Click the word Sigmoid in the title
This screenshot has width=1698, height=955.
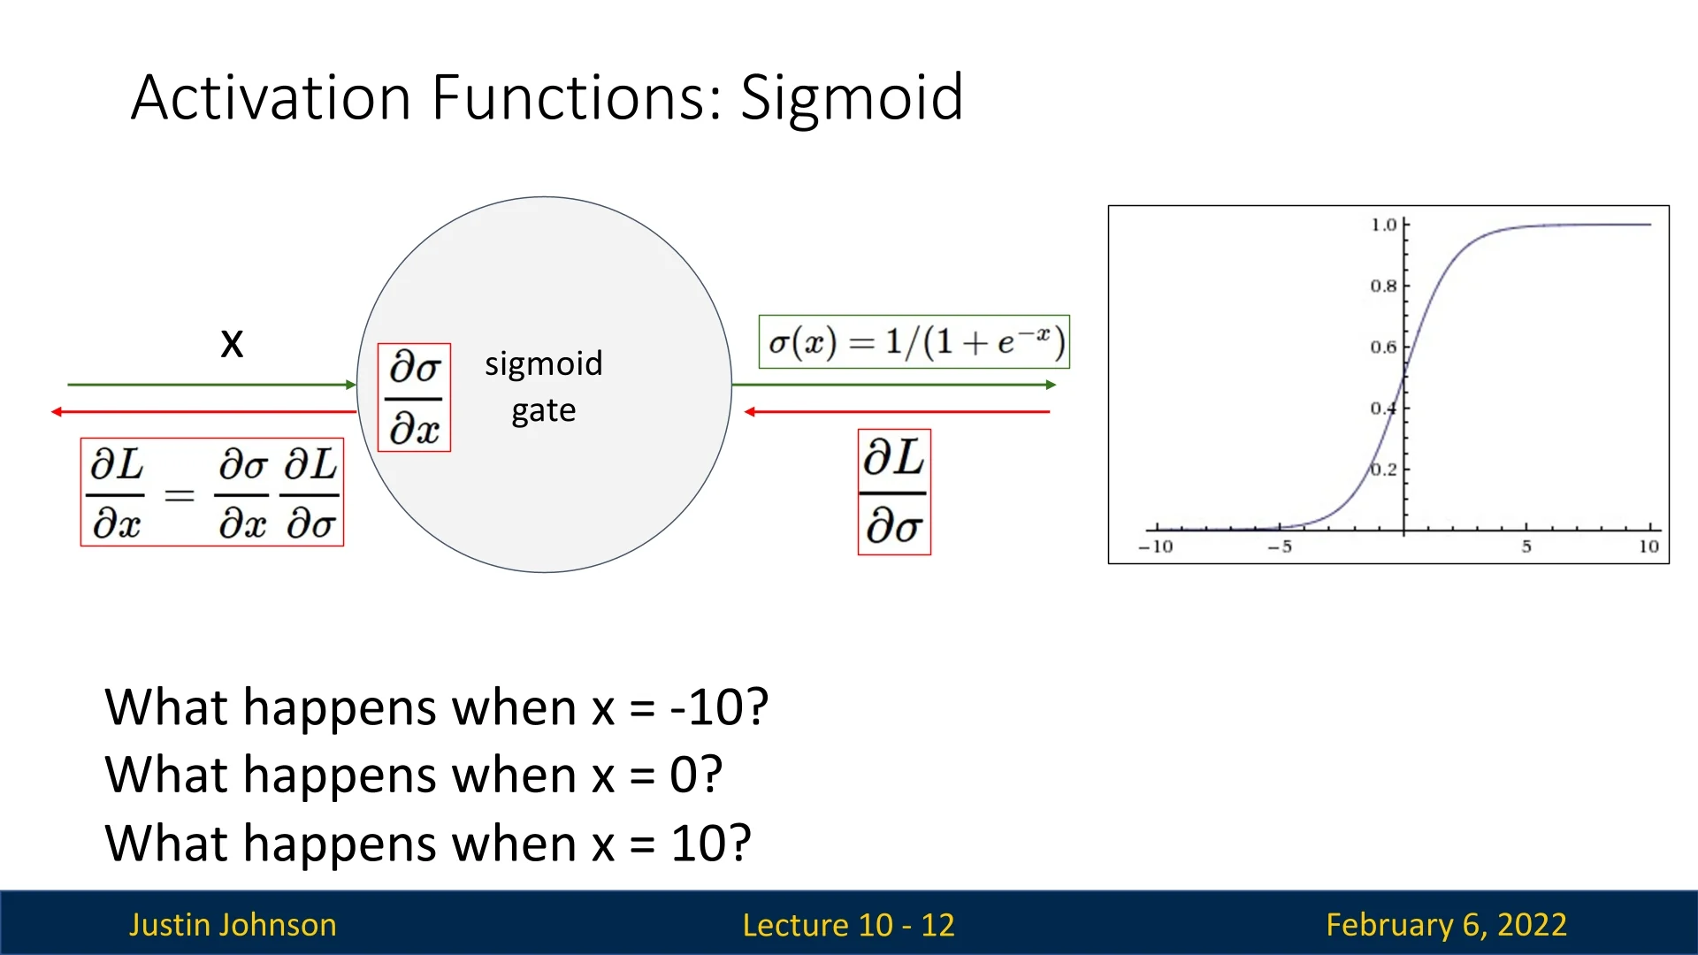click(x=851, y=99)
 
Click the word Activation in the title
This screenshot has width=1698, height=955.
click(x=271, y=97)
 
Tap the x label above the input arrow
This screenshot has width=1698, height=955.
click(x=232, y=342)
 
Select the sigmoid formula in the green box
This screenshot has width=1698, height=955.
click(x=914, y=341)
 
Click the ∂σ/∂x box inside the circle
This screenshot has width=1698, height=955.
click(x=414, y=398)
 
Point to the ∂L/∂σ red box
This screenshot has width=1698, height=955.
click(x=894, y=492)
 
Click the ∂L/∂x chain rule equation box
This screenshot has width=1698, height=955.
click(x=212, y=492)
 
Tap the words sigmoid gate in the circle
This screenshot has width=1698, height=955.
click(x=544, y=386)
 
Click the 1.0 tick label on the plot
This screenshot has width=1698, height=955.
click(x=1384, y=225)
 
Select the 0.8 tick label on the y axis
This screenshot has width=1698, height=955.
click(x=1384, y=286)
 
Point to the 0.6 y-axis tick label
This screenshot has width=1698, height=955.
click(x=1384, y=347)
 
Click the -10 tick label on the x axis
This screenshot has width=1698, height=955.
click(x=1155, y=546)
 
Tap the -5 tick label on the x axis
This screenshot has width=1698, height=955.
click(x=1280, y=546)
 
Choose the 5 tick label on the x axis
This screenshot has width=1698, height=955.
click(x=1526, y=546)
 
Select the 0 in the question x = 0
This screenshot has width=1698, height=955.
click(x=685, y=775)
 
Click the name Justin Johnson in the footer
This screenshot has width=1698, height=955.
click(x=233, y=925)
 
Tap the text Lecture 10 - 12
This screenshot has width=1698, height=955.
click(x=849, y=925)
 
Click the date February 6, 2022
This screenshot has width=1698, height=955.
click(x=1447, y=925)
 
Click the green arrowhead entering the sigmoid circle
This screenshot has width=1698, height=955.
click(x=351, y=385)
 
